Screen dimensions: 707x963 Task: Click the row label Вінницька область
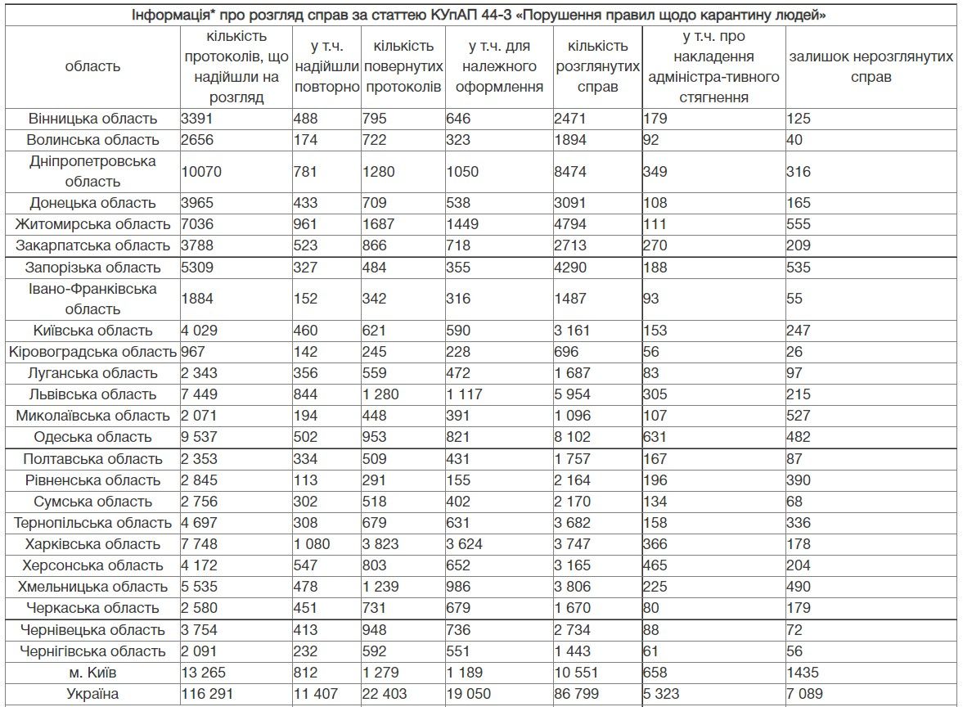[x=92, y=119]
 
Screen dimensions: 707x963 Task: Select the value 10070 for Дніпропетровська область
[x=201, y=172]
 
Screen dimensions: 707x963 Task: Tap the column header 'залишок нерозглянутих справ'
[x=871, y=67]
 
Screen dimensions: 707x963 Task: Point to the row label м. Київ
[x=92, y=673]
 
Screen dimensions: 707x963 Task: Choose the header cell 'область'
[x=92, y=67]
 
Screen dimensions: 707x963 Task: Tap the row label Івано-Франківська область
[x=92, y=299]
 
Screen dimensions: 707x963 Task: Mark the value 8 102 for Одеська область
[x=578, y=437]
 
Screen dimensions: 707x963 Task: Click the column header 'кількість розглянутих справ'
[x=598, y=67]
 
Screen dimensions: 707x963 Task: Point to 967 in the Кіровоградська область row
[x=195, y=352]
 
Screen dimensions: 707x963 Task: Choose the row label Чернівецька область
[x=92, y=630]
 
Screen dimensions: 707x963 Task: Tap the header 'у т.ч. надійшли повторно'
[x=326, y=67]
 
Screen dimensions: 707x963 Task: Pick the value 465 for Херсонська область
[x=655, y=565]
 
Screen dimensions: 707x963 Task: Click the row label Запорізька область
[x=92, y=268]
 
